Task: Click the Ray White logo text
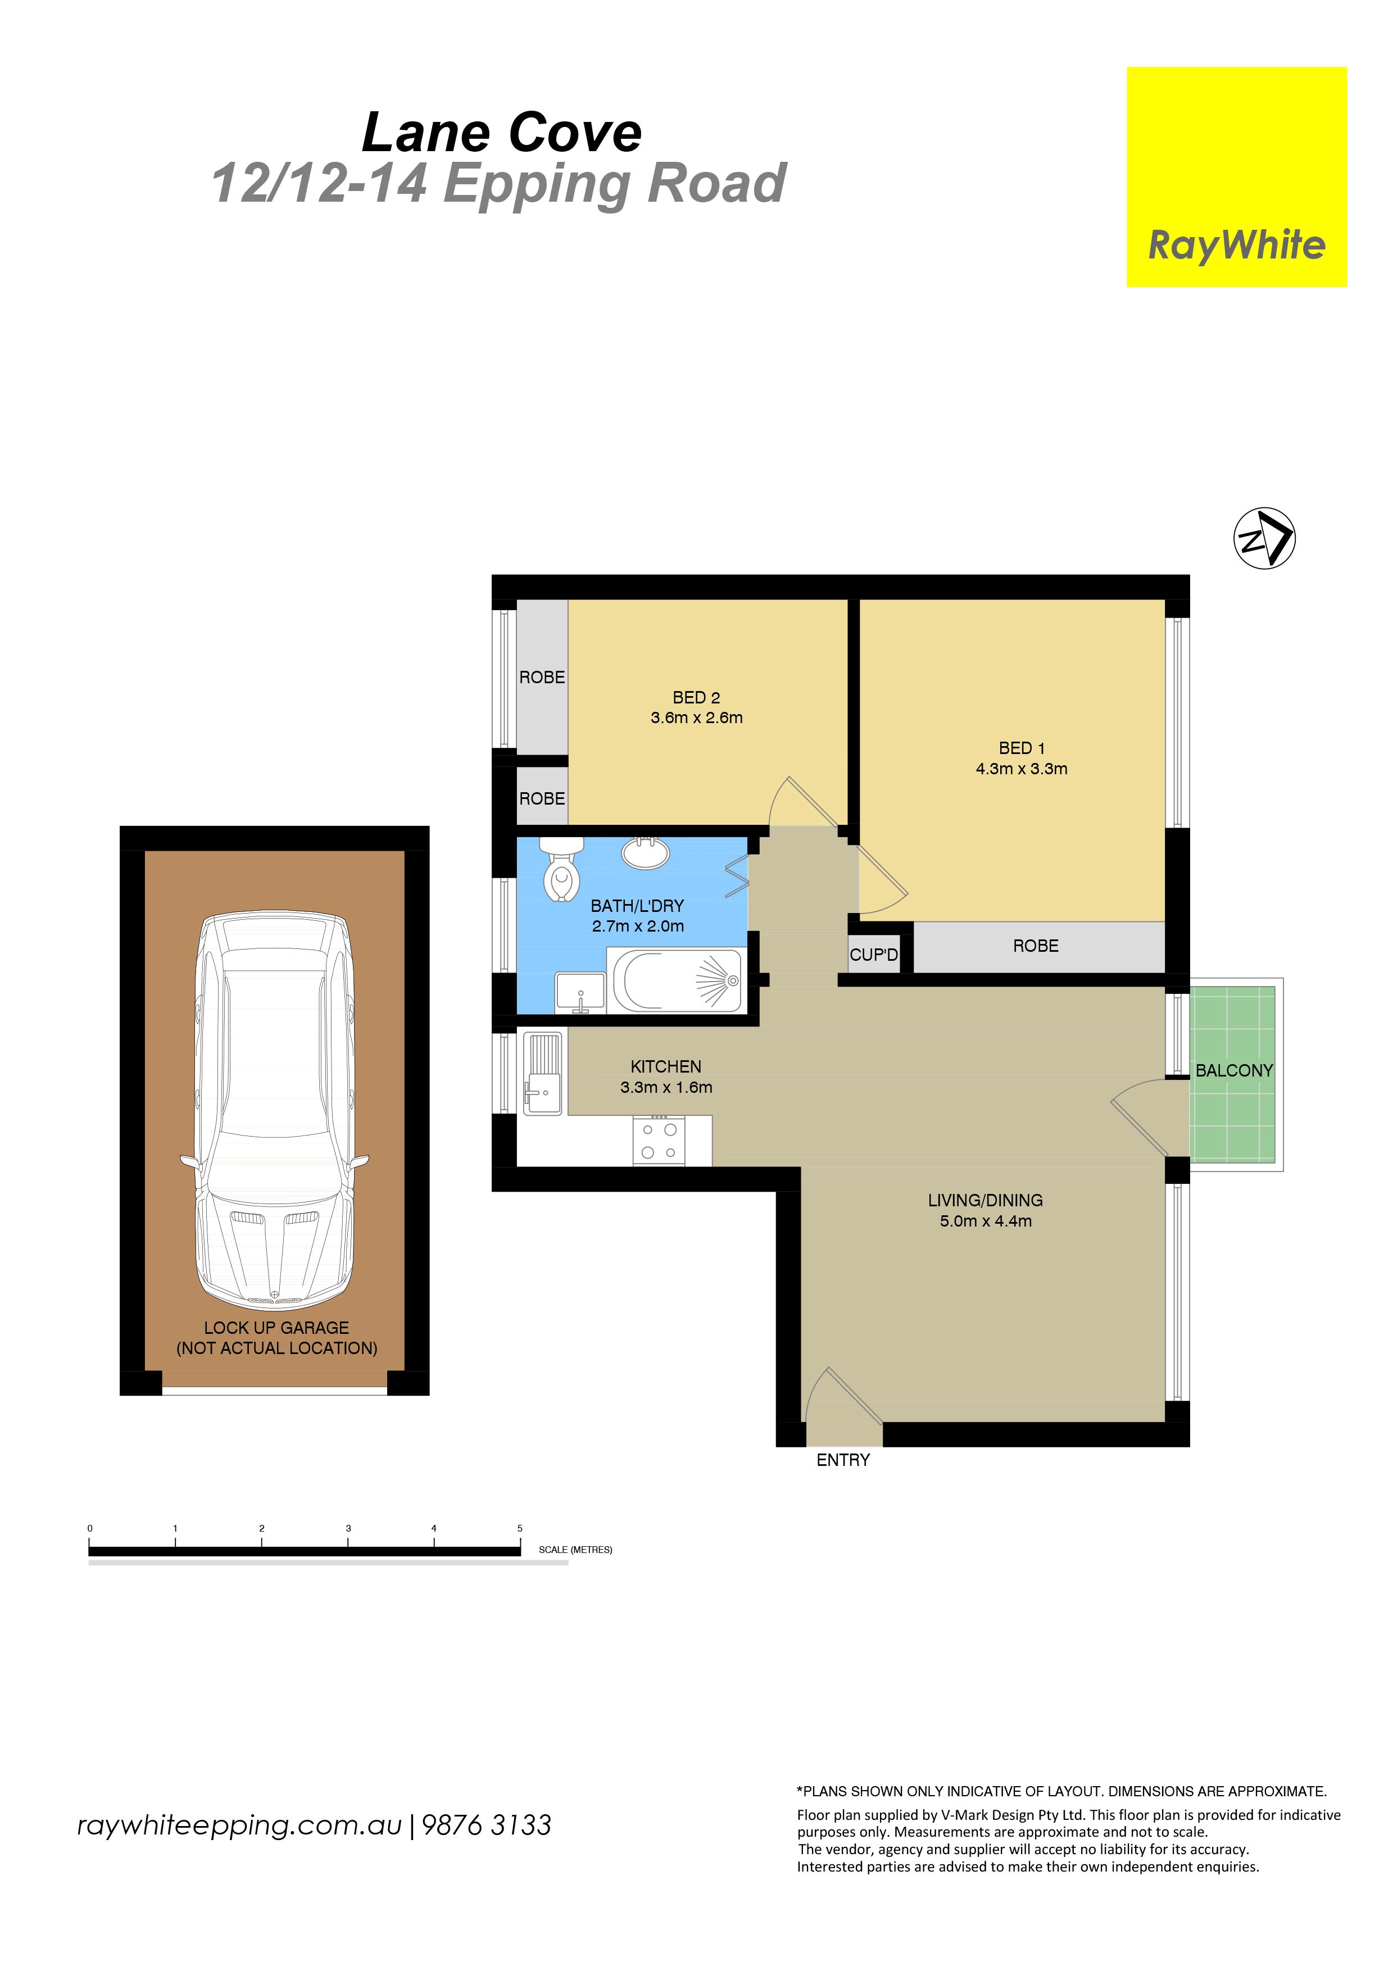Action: pos(1237,246)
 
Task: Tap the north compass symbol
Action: pos(1264,538)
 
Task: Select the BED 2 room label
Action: pos(696,698)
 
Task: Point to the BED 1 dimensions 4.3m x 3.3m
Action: pos(1022,769)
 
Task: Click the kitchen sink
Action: pos(542,1073)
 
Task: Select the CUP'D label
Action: pos(874,955)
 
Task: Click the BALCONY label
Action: pos(1234,1070)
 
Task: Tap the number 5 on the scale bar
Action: pos(519,1528)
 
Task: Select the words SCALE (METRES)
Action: pos(575,1550)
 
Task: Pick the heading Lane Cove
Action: pos(502,133)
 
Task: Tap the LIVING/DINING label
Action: pos(985,1200)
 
